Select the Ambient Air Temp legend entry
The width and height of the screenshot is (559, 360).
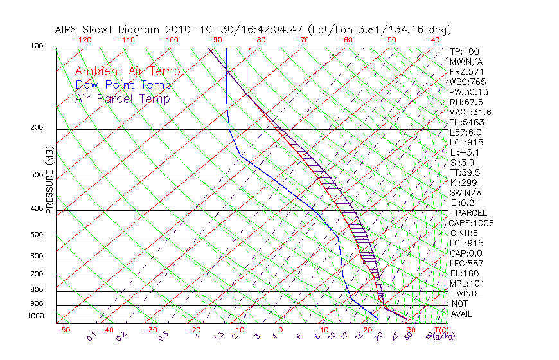(x=127, y=71)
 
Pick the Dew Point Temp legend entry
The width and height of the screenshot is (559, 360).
(x=123, y=85)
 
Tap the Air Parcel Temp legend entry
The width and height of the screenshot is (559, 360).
(x=122, y=98)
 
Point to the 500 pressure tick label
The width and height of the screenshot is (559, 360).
(x=37, y=235)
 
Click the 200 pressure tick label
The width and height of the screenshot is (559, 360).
(x=37, y=128)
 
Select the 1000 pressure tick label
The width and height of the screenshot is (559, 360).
(x=36, y=316)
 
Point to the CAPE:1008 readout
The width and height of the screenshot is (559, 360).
(x=471, y=223)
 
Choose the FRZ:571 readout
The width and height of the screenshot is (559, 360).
(x=466, y=71)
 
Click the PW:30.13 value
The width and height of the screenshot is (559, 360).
(x=468, y=92)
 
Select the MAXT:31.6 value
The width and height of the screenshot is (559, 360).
(x=470, y=112)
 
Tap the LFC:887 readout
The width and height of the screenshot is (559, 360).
(x=466, y=263)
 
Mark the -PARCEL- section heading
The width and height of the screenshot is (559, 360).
(x=471, y=213)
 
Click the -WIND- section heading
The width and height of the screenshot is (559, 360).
(x=467, y=293)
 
